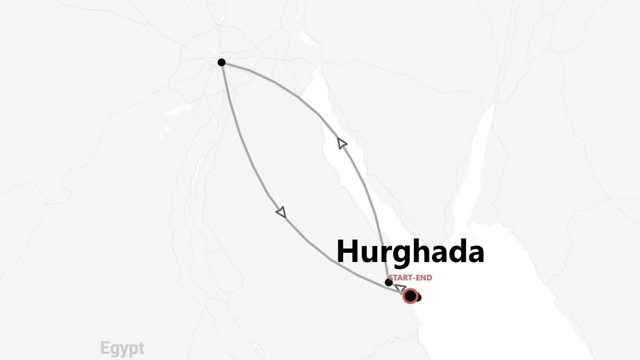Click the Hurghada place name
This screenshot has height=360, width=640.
pos(410,251)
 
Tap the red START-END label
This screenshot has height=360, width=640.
pos(410,278)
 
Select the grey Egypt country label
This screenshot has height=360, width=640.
pos(122,348)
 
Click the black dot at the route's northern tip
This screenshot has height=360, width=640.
pos(221,62)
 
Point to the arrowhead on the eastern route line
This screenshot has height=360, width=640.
pos(342,143)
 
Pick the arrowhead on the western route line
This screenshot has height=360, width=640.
pos(281,212)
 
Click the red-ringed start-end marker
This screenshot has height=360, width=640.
pos(410,296)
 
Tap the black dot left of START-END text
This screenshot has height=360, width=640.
pos(388,282)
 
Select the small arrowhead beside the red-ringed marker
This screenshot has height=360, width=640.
pos(400,288)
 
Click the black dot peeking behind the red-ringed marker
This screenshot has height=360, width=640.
pos(418,298)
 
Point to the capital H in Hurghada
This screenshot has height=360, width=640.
pos(349,251)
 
